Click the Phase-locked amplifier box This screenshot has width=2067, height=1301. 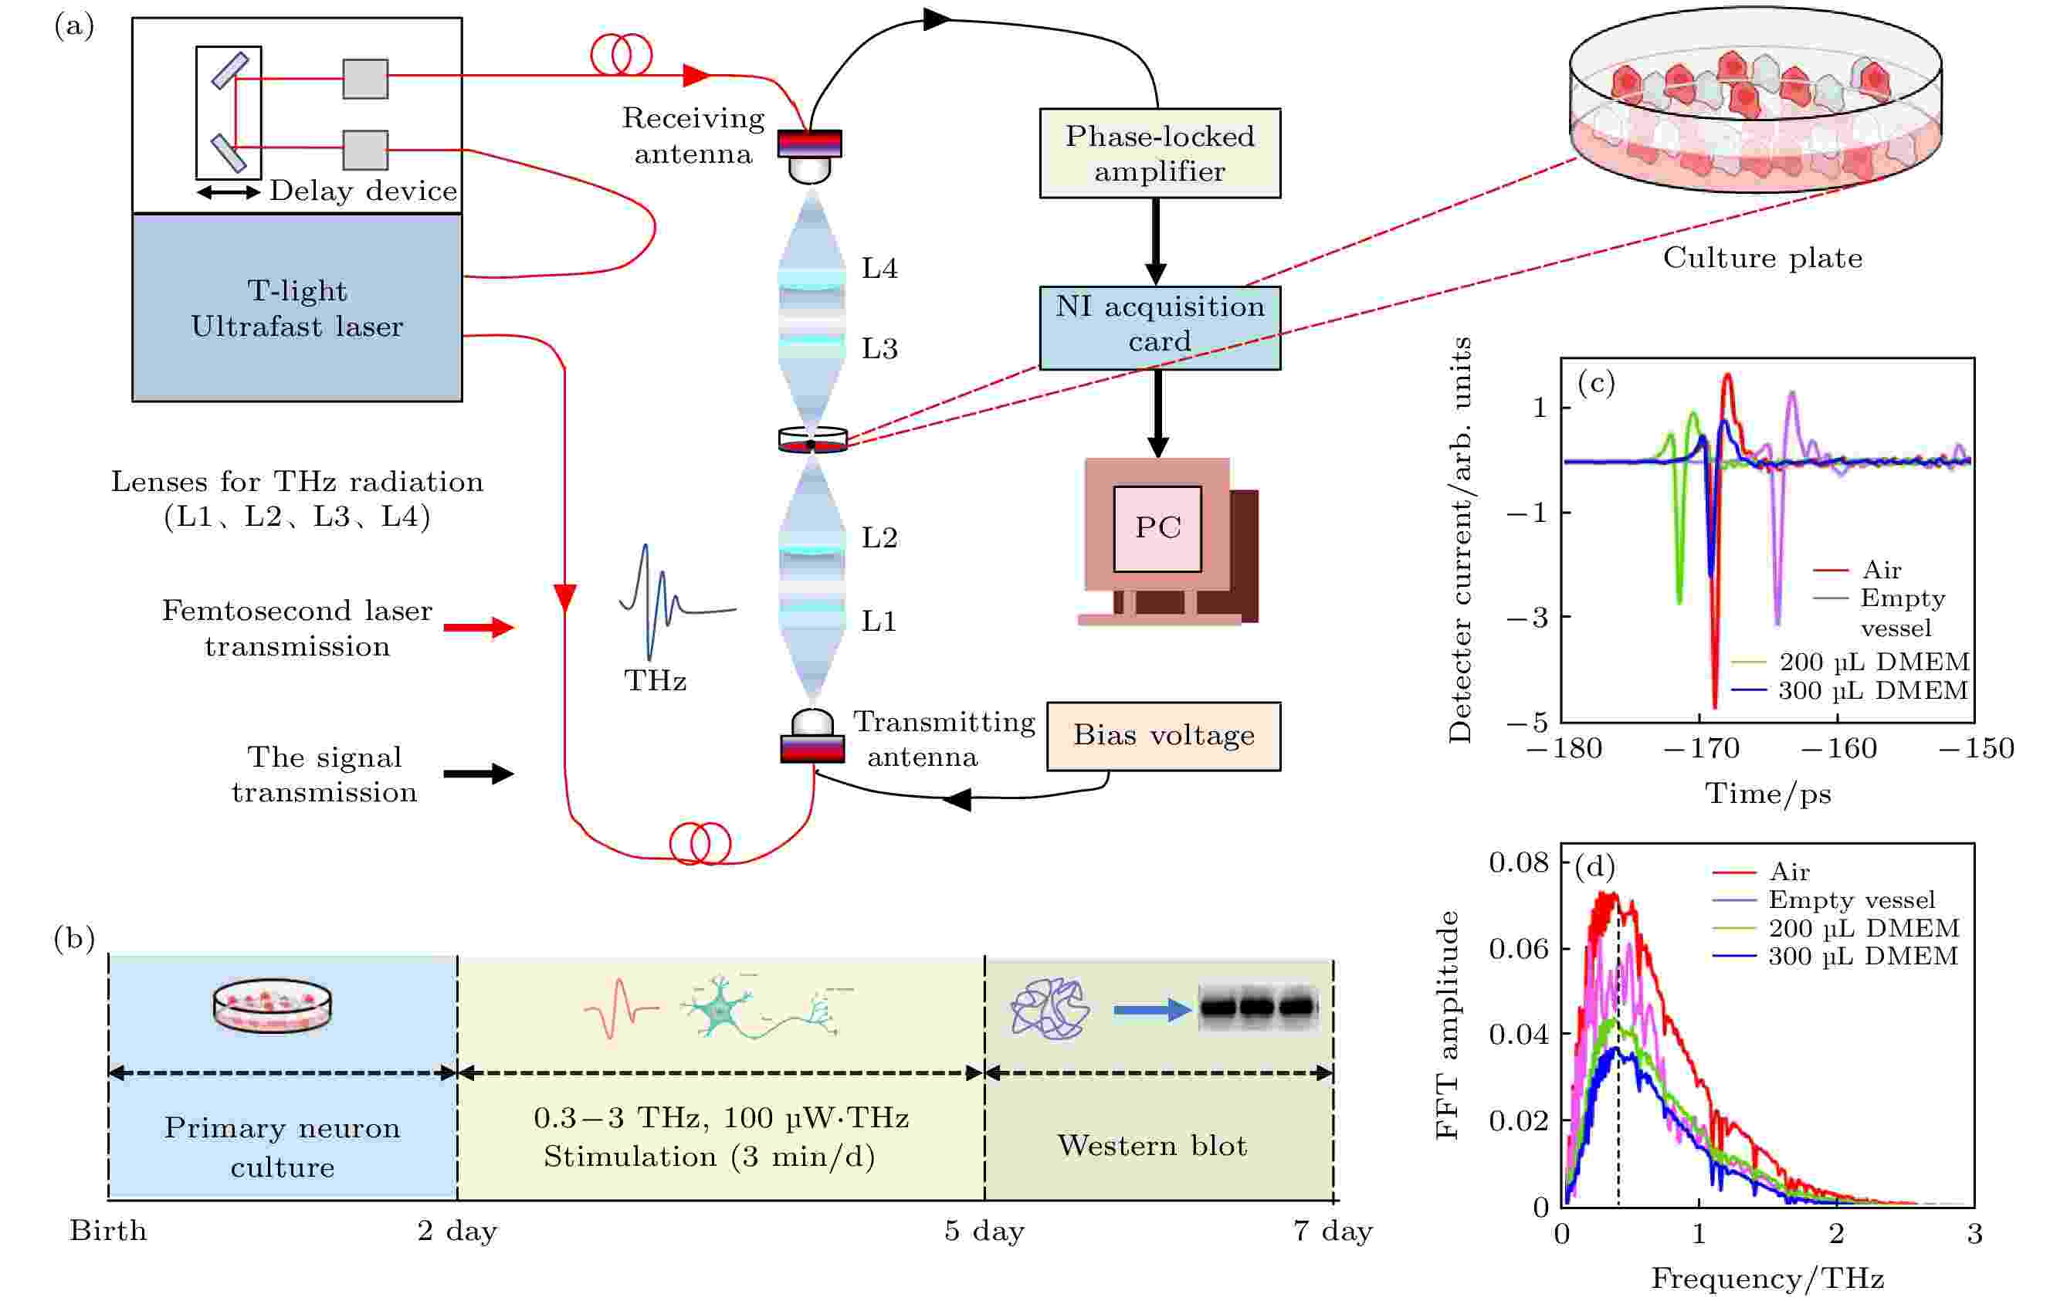1160,154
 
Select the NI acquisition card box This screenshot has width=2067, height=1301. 1160,328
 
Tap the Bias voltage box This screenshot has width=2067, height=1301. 1163,737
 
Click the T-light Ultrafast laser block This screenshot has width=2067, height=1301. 297,308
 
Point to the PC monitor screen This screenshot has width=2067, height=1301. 1157,529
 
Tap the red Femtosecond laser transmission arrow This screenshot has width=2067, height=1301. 479,627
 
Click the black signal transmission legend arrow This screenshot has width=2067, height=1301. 479,774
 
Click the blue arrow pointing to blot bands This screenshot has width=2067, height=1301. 1153,1010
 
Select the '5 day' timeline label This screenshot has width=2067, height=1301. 984,1232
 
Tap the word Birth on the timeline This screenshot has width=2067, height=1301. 108,1231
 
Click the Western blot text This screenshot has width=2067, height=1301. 1152,1146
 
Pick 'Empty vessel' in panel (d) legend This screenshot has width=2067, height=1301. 1852,900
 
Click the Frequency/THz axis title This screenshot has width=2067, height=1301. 1767,1279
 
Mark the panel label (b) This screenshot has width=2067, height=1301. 74,939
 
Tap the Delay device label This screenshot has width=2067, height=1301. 364,191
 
